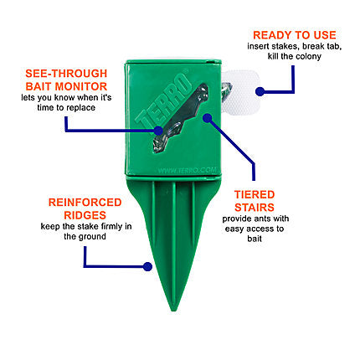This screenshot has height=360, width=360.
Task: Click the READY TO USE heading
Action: click(x=295, y=35)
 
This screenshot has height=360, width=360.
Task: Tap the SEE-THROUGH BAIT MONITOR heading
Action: click(x=66, y=80)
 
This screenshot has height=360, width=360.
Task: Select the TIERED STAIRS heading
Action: click(x=255, y=201)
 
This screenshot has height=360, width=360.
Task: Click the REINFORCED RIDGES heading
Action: click(x=85, y=208)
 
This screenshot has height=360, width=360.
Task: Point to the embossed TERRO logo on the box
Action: click(x=163, y=100)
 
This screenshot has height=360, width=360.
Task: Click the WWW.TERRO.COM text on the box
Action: click(x=187, y=170)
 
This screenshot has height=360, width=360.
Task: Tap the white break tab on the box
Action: click(x=240, y=93)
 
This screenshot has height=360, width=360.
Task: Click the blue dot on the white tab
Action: click(x=260, y=91)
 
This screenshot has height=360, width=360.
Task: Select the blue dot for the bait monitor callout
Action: click(x=158, y=131)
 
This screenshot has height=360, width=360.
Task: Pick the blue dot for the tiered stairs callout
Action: click(x=207, y=118)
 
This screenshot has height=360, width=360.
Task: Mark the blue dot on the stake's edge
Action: click(x=147, y=266)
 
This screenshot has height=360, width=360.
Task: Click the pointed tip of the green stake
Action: click(x=173, y=311)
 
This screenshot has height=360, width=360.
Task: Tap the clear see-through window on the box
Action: click(x=182, y=118)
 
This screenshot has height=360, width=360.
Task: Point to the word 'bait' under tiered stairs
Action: click(x=255, y=239)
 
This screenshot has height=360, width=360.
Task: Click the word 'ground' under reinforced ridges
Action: click(x=92, y=237)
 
